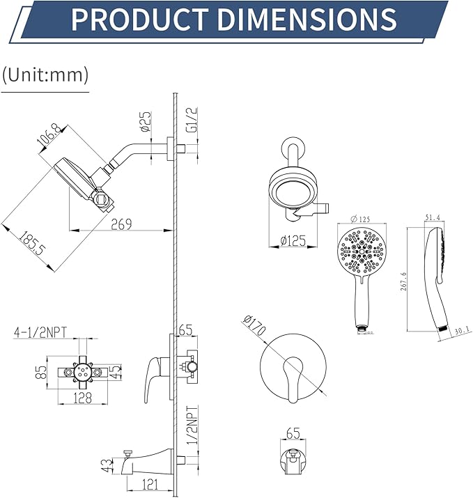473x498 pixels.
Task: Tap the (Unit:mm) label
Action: point(45,75)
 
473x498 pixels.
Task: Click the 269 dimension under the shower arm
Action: point(123,224)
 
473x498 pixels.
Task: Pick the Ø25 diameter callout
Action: point(146,121)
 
